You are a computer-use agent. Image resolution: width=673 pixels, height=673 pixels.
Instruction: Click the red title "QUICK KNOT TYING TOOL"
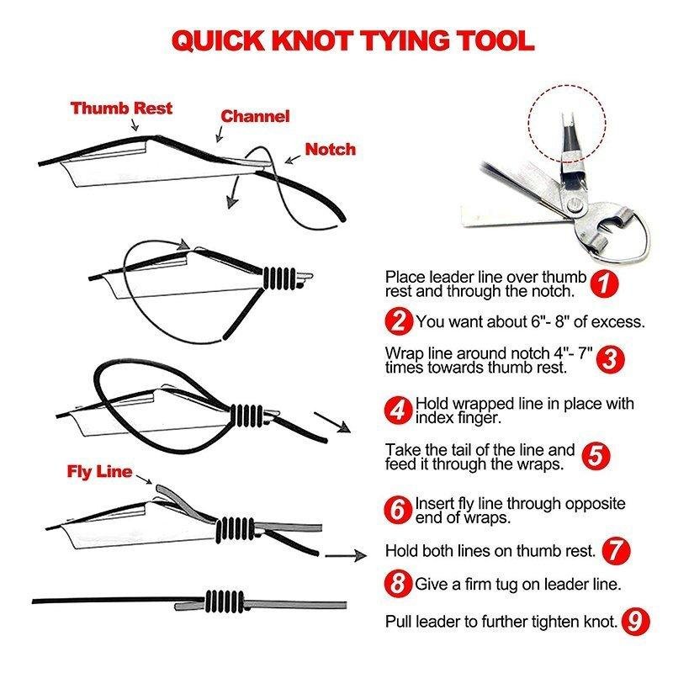(x=352, y=40)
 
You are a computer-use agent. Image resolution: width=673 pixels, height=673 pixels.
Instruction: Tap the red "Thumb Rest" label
(x=121, y=108)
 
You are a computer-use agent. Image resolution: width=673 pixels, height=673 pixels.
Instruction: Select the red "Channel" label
(x=255, y=116)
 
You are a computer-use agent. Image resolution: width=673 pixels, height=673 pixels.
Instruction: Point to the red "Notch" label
(x=330, y=149)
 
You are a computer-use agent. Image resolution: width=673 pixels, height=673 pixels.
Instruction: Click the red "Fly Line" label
(x=99, y=471)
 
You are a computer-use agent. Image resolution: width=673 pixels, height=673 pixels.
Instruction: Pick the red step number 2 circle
(x=400, y=321)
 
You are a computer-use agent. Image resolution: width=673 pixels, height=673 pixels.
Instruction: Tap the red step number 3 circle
(x=612, y=359)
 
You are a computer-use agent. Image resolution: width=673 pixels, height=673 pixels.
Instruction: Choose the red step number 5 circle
(x=596, y=456)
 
